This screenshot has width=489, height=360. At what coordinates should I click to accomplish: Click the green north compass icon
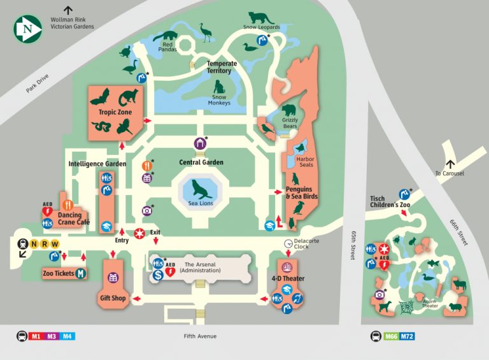point(27,29)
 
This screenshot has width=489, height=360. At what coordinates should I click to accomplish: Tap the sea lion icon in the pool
point(201,190)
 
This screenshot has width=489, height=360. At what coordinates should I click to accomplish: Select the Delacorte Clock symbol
point(288,241)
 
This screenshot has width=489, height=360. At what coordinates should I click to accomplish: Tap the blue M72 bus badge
point(407,336)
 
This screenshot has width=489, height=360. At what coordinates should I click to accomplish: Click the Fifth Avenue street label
point(200,336)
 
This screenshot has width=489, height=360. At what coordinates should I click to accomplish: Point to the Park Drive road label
point(38,85)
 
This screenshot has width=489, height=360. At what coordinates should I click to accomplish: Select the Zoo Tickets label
point(59,273)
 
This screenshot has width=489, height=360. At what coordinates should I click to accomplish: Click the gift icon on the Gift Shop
point(113,278)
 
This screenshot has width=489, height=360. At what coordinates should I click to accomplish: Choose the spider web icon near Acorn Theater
point(406,307)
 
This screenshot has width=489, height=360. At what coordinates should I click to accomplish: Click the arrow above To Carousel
point(451,164)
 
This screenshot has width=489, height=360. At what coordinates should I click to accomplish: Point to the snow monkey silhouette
point(220,87)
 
